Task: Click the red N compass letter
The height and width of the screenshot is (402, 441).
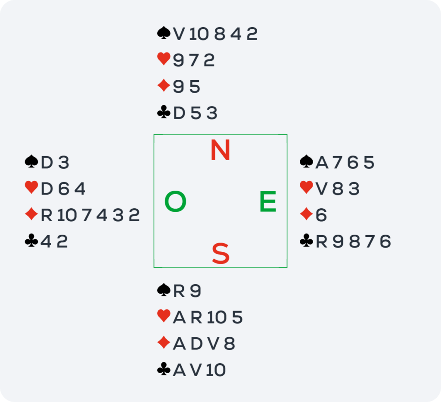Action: click(x=220, y=150)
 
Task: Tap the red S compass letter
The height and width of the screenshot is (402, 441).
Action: click(x=220, y=254)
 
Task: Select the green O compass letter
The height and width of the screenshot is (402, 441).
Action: click(x=175, y=201)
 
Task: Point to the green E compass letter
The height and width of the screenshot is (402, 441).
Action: click(x=268, y=201)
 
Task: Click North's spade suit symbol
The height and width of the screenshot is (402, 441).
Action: click(x=164, y=33)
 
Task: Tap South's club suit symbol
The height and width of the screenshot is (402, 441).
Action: click(x=164, y=369)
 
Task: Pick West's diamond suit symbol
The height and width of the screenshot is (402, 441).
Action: click(x=31, y=214)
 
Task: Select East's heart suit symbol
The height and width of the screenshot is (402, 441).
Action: click(x=307, y=187)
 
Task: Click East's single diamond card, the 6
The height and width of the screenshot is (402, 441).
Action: click(x=321, y=215)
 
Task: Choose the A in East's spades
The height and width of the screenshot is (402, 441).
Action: click(x=322, y=163)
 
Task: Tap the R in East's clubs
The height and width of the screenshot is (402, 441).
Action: click(x=322, y=242)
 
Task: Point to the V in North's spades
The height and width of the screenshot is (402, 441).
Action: click(x=179, y=34)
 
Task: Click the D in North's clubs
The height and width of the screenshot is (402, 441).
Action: click(x=179, y=113)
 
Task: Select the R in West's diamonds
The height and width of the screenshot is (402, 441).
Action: click(x=47, y=215)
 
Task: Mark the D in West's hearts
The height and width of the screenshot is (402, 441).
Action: click(x=47, y=189)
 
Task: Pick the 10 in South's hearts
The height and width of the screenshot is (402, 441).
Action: click(x=217, y=317)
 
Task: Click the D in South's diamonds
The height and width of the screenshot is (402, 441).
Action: click(x=196, y=344)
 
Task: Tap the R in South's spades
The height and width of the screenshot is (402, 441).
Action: click(x=179, y=291)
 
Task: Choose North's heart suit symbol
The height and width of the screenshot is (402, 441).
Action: click(x=164, y=59)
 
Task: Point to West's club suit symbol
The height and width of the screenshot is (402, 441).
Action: click(x=31, y=241)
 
